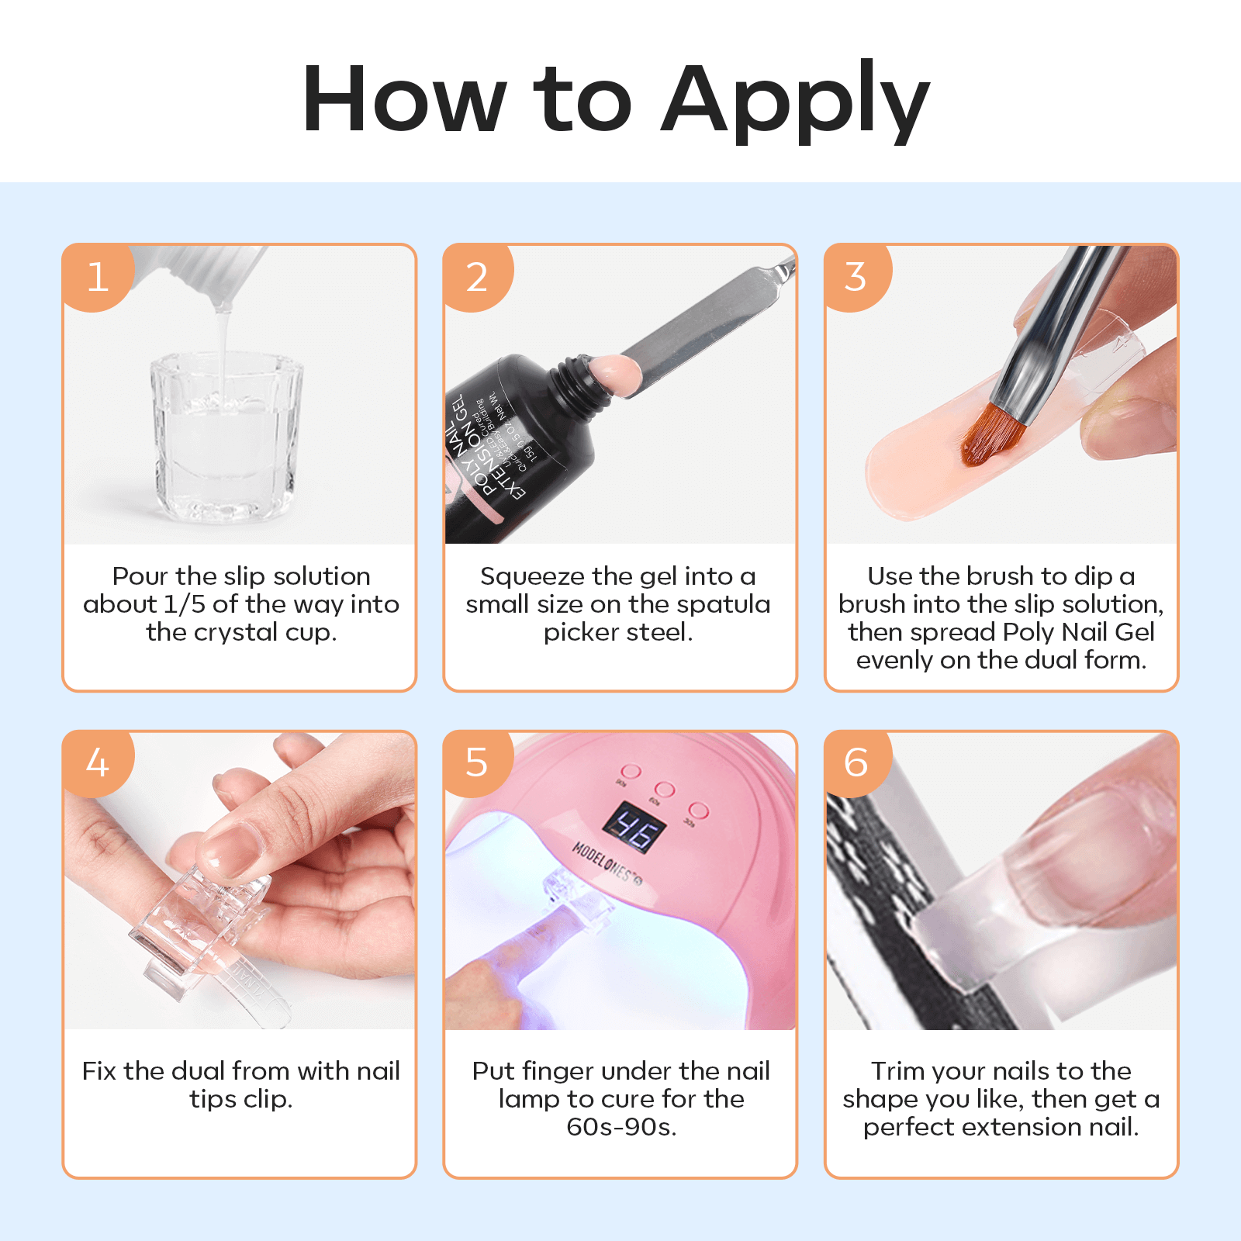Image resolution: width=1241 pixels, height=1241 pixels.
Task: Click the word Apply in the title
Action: pos(794,101)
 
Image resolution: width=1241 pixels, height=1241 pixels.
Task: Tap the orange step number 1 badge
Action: pos(98,277)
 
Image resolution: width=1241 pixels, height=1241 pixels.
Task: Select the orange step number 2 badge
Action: pos(477,277)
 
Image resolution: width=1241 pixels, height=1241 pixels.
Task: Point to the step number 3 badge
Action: pos(856,277)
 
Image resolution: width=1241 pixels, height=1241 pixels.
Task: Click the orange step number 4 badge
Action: pos(98,762)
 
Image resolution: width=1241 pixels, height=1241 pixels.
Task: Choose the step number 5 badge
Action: pos(477,762)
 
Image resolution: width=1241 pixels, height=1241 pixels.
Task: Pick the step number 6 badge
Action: pos(856,762)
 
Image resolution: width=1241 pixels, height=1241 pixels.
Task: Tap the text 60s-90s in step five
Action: pos(621,1127)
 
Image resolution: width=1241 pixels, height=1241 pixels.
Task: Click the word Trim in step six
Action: pos(898,1071)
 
